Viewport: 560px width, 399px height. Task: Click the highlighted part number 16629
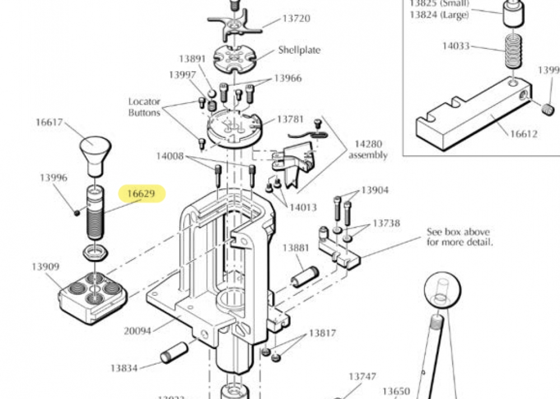pos(142,194)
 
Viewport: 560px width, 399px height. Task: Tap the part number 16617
pos(49,123)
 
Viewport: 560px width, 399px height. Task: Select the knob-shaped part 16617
pos(95,152)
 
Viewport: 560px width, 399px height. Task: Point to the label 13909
pos(45,267)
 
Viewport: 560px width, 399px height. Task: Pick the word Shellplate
pos(299,50)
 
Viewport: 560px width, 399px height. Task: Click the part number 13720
pos(296,18)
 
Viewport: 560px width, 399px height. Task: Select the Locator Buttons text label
pos(144,107)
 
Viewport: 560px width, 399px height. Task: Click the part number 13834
pos(124,368)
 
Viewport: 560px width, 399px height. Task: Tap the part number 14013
pos(303,207)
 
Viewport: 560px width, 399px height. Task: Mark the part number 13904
pos(375,190)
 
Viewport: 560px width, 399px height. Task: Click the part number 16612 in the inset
pos(524,134)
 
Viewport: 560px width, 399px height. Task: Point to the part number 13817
pos(323,333)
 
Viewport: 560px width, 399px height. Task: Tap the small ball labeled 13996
pos(76,212)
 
